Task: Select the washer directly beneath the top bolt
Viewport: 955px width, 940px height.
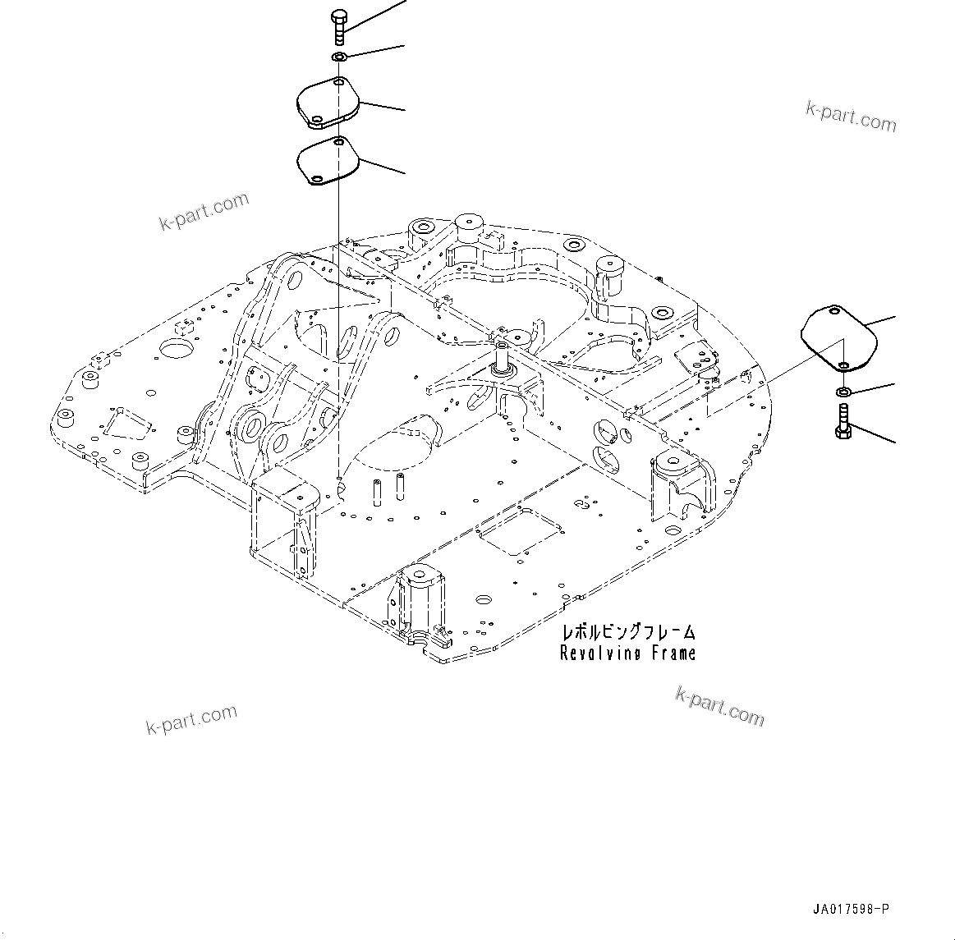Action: click(x=339, y=57)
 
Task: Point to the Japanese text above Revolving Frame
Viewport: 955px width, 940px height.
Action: click(x=628, y=632)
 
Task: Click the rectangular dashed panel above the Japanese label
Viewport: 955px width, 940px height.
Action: click(x=517, y=532)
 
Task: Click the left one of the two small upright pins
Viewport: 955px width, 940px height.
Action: click(x=378, y=488)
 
